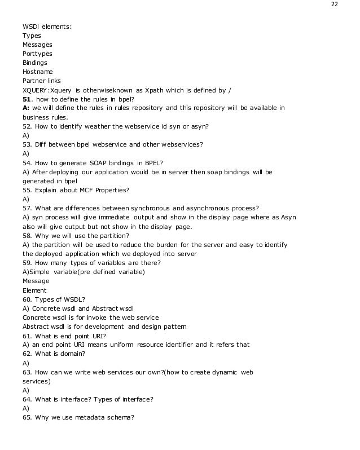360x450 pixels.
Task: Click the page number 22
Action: point(335,4)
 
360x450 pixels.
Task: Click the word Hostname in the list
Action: point(38,72)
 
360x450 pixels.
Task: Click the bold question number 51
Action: point(27,99)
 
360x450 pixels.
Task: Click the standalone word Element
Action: point(34,290)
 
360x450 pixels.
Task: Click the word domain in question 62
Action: point(73,354)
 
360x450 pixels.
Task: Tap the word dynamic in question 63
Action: point(227,372)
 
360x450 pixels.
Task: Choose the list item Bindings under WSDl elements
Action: point(35,63)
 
